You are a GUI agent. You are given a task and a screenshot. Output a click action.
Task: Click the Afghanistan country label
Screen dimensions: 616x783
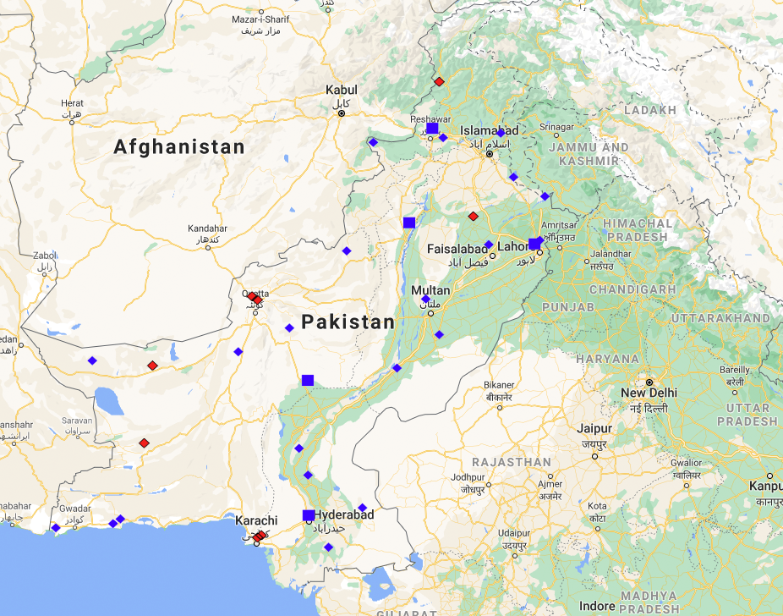[179, 147]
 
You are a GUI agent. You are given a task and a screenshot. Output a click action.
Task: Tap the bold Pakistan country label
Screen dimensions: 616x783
[348, 322]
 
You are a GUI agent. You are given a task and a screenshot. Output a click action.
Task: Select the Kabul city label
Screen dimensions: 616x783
[342, 90]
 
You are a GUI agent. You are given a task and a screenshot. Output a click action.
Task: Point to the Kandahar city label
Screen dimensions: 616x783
[207, 228]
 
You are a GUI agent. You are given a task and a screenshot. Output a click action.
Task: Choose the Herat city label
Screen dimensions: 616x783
[72, 103]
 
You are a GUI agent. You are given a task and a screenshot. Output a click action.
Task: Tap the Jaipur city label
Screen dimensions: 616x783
[595, 429]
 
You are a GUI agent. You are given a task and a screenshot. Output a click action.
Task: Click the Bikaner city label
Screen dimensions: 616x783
[499, 385]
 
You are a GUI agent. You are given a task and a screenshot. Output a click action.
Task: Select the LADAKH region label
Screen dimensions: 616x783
[649, 110]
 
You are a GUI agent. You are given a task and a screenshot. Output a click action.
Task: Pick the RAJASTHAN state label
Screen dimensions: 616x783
[512, 462]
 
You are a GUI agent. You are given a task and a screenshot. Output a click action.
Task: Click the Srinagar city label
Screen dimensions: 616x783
[556, 127]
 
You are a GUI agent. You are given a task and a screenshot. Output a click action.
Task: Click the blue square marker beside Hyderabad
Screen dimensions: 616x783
[309, 515]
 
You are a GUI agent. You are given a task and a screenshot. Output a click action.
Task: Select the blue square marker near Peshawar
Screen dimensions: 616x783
[432, 129]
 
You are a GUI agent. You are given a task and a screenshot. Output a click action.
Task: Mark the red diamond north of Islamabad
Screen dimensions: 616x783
[439, 81]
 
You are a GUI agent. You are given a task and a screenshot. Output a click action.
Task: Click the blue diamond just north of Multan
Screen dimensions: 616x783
[425, 299]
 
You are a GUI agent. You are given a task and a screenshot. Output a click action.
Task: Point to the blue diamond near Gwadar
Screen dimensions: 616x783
[56, 527]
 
